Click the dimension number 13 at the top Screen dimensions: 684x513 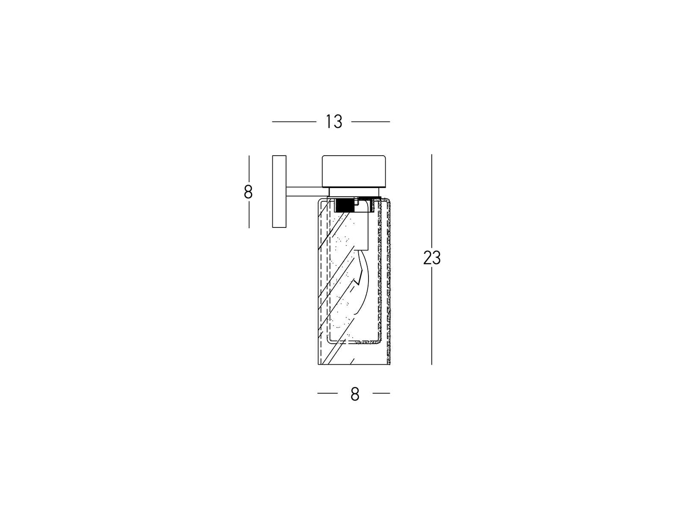(x=334, y=121)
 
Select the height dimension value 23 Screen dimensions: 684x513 (x=432, y=258)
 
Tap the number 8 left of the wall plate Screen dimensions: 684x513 (x=248, y=192)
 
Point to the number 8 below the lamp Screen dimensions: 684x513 (x=355, y=394)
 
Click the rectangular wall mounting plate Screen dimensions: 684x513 (x=279, y=192)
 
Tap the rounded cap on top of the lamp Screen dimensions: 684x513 (x=354, y=171)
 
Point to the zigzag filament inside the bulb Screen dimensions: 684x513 (x=359, y=277)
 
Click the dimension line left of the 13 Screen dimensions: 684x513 (x=294, y=122)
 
